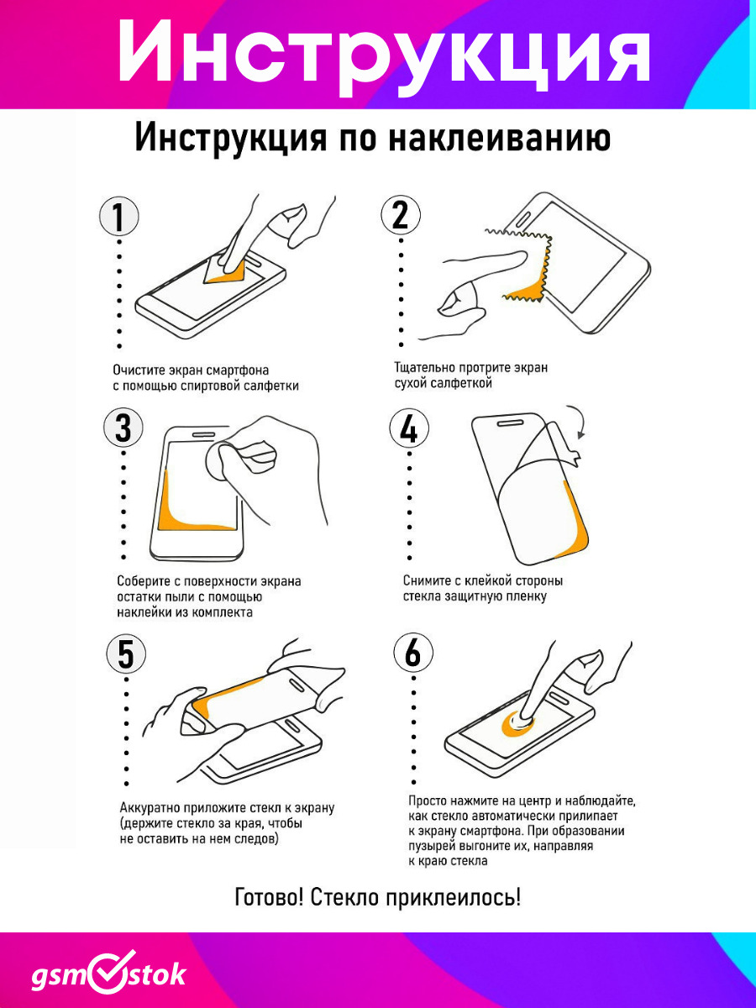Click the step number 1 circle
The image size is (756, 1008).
119,216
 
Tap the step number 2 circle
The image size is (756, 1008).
401,214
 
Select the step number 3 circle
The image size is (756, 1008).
123,427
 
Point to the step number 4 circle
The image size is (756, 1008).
409,428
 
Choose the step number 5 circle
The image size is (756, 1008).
126,654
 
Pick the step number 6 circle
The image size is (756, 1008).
413,653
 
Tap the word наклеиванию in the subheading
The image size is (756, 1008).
500,137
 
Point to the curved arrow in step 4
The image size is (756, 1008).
580,419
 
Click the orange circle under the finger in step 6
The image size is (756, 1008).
517,725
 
